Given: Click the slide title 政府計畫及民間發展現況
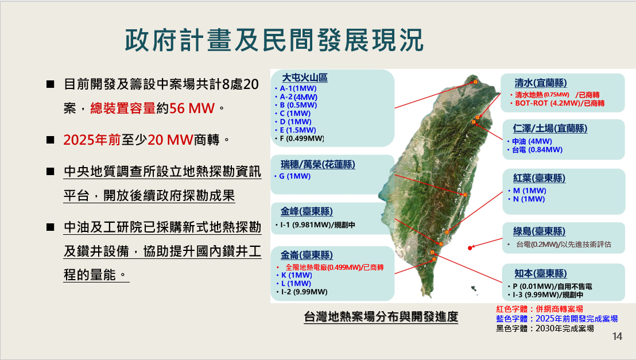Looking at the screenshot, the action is tap(274, 40).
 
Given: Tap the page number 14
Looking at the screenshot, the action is tap(617, 336).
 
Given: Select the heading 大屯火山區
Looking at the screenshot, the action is tap(305, 78).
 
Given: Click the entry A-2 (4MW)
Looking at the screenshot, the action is tap(298, 97).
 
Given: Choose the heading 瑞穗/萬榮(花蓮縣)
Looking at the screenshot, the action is tap(318, 164).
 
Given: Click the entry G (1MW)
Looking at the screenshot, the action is tap(295, 176).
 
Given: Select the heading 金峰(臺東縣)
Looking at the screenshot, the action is tap(307, 211).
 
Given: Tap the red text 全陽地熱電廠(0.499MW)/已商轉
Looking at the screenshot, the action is tap(335, 267).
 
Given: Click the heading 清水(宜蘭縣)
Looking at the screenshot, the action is tap(541, 83).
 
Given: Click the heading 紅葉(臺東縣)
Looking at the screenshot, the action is tap(539, 178).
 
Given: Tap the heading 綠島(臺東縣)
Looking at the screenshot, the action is tap(539, 231).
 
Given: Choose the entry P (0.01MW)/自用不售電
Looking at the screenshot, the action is tap(552, 286).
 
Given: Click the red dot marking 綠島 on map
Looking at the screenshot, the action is tap(470, 248).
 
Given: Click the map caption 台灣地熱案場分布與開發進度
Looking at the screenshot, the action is tap(381, 316).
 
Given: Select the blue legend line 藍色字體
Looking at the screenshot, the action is tap(557, 319).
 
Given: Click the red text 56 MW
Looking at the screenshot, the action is tap(192, 109).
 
